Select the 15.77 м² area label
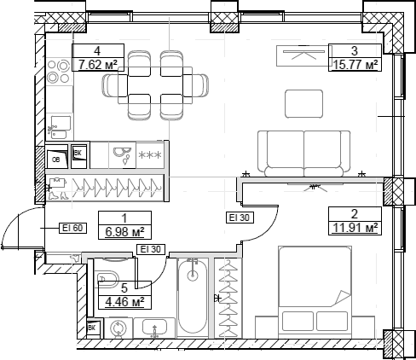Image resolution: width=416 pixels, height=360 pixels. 354,63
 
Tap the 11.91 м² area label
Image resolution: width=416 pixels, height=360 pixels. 354,227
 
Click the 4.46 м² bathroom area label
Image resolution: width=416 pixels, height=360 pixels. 124,301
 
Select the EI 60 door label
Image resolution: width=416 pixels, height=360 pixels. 72,227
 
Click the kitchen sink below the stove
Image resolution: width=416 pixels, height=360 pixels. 58,127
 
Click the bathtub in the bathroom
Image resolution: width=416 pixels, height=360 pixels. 192,299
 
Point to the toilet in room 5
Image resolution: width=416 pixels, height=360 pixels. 108,278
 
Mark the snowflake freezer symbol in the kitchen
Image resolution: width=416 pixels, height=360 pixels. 151,155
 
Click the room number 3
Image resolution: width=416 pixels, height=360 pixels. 354,49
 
